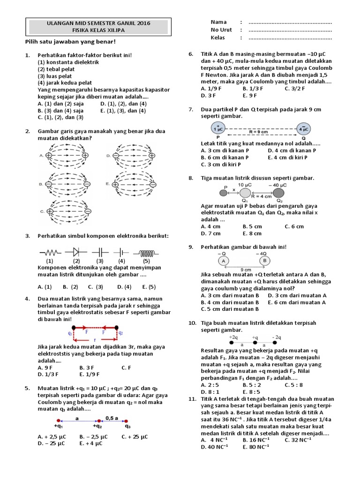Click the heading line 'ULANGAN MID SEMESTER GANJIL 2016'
[98, 22]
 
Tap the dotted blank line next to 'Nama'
[290, 22]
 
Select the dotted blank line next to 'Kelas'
[290, 38]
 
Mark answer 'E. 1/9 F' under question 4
[90, 374]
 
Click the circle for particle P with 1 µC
[218, 127]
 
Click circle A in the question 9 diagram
[224, 261]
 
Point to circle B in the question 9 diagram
[264, 261]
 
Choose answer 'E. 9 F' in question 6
[250, 95]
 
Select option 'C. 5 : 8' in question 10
[294, 384]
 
